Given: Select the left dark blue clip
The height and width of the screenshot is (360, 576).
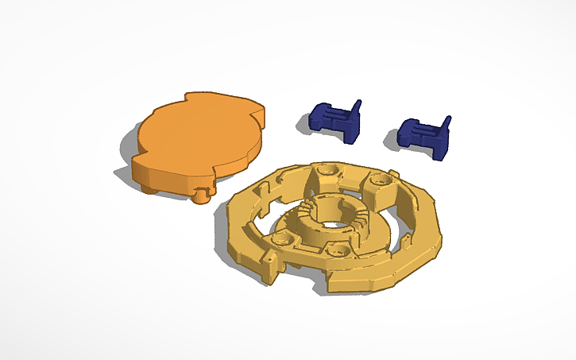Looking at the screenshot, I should pyautogui.click(x=333, y=122).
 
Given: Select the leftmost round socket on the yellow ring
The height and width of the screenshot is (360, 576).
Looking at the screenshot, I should pyautogui.click(x=280, y=238).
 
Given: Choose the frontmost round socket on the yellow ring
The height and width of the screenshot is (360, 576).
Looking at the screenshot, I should pyautogui.click(x=339, y=250).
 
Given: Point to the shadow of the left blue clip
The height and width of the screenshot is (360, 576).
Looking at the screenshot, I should pyautogui.click(x=306, y=124).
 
